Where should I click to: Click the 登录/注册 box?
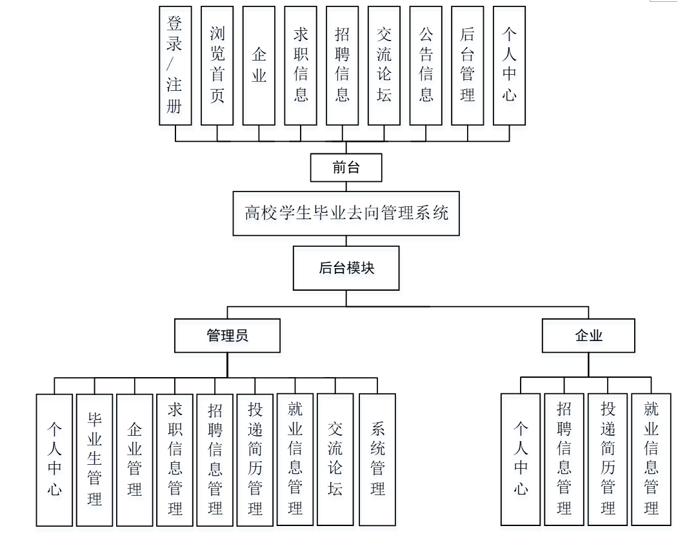pos(175,65)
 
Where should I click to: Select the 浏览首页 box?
pos(217,65)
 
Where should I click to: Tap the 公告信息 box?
pos(426,65)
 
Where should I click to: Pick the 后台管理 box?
pos(468,65)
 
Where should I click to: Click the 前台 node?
pos(346,168)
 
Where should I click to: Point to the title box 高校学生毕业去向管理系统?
pos(346,213)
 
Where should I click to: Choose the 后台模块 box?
pos(346,268)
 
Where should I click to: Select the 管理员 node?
pos(227,335)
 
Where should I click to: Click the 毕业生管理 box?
pos(95,459)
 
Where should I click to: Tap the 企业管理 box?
pos(135,459)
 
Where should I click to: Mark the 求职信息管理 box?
pos(175,459)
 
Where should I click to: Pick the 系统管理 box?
pos(377,459)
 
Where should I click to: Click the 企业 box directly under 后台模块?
pos(588,335)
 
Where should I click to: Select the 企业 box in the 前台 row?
pos(259,65)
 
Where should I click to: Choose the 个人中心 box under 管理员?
pos(54,459)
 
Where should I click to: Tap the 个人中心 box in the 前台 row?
pos(510,65)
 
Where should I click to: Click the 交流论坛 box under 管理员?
pos(335,459)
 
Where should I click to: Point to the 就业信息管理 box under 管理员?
pos(295,459)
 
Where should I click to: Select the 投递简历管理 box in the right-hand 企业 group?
pos(608,459)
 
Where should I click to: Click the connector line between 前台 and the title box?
pos(346,186)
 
